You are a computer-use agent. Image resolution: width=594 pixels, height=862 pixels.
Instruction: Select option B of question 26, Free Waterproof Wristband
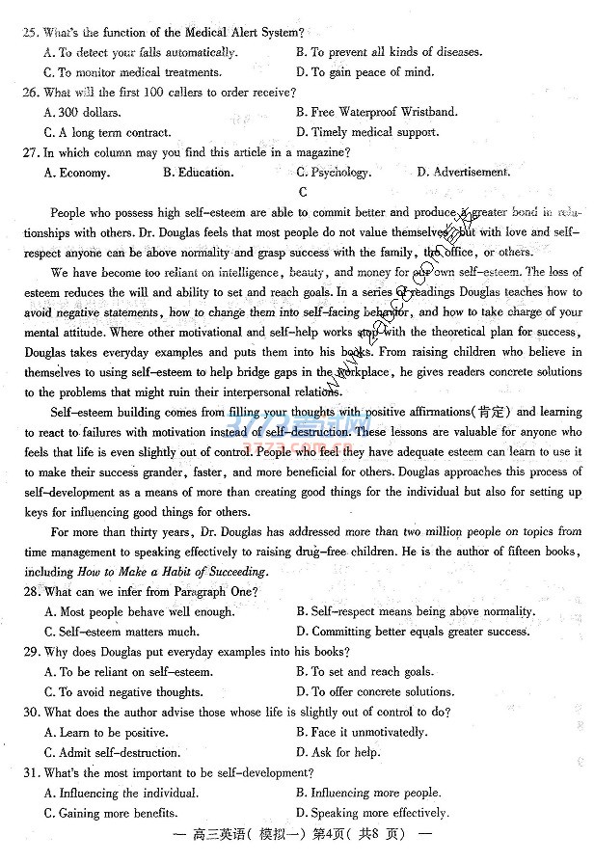point(377,112)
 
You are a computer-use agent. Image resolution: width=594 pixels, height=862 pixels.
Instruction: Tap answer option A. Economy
point(77,173)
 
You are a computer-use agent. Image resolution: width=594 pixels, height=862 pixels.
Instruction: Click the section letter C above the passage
point(302,191)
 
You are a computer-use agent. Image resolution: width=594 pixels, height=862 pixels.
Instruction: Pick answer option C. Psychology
point(333,173)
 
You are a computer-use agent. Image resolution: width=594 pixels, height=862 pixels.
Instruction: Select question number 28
point(30,591)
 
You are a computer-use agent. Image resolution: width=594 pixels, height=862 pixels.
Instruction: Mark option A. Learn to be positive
point(106,733)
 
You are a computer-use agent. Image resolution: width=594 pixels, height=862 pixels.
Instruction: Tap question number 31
point(30,773)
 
